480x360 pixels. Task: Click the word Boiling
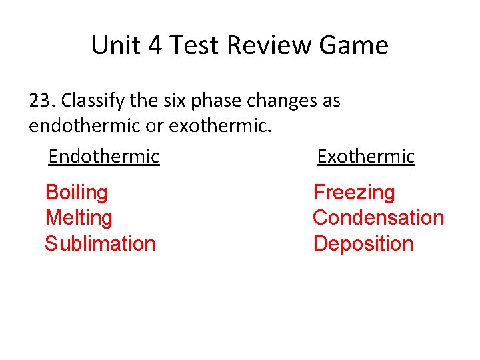[76, 193]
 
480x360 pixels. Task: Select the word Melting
[78, 218]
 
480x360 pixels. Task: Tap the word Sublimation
[100, 243]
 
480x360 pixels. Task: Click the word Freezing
[354, 193]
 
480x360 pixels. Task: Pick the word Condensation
[378, 218]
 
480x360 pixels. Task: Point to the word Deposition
[363, 243]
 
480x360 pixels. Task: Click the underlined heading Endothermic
[104, 157]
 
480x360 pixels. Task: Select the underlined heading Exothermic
[366, 157]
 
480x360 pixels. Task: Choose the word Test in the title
[194, 45]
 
